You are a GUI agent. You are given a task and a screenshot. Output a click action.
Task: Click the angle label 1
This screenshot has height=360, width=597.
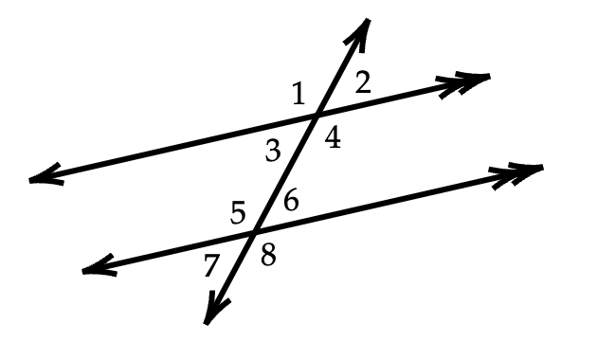[299, 94]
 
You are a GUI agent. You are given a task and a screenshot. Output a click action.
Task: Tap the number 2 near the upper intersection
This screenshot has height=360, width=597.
[363, 82]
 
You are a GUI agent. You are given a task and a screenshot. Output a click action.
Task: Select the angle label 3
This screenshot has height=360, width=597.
[273, 151]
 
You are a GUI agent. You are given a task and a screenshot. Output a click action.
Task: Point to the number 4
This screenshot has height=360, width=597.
[333, 137]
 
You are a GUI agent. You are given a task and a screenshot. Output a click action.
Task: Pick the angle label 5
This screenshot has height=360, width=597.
[238, 213]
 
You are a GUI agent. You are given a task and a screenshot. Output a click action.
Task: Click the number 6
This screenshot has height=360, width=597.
[291, 201]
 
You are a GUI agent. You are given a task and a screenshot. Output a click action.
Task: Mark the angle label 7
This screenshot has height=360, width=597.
[211, 265]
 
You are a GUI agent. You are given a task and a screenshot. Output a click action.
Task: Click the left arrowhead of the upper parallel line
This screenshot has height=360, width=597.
[45, 175]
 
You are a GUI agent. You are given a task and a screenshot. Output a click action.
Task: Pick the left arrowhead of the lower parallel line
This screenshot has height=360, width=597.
[99, 266]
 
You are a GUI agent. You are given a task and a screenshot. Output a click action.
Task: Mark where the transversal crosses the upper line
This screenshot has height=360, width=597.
[316, 114]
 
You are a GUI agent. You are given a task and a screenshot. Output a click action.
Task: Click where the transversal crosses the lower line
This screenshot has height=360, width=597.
[254, 231]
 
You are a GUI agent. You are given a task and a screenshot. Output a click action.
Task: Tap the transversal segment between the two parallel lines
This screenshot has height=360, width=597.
[285, 172]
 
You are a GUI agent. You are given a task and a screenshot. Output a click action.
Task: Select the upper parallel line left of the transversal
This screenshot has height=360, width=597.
[172, 147]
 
